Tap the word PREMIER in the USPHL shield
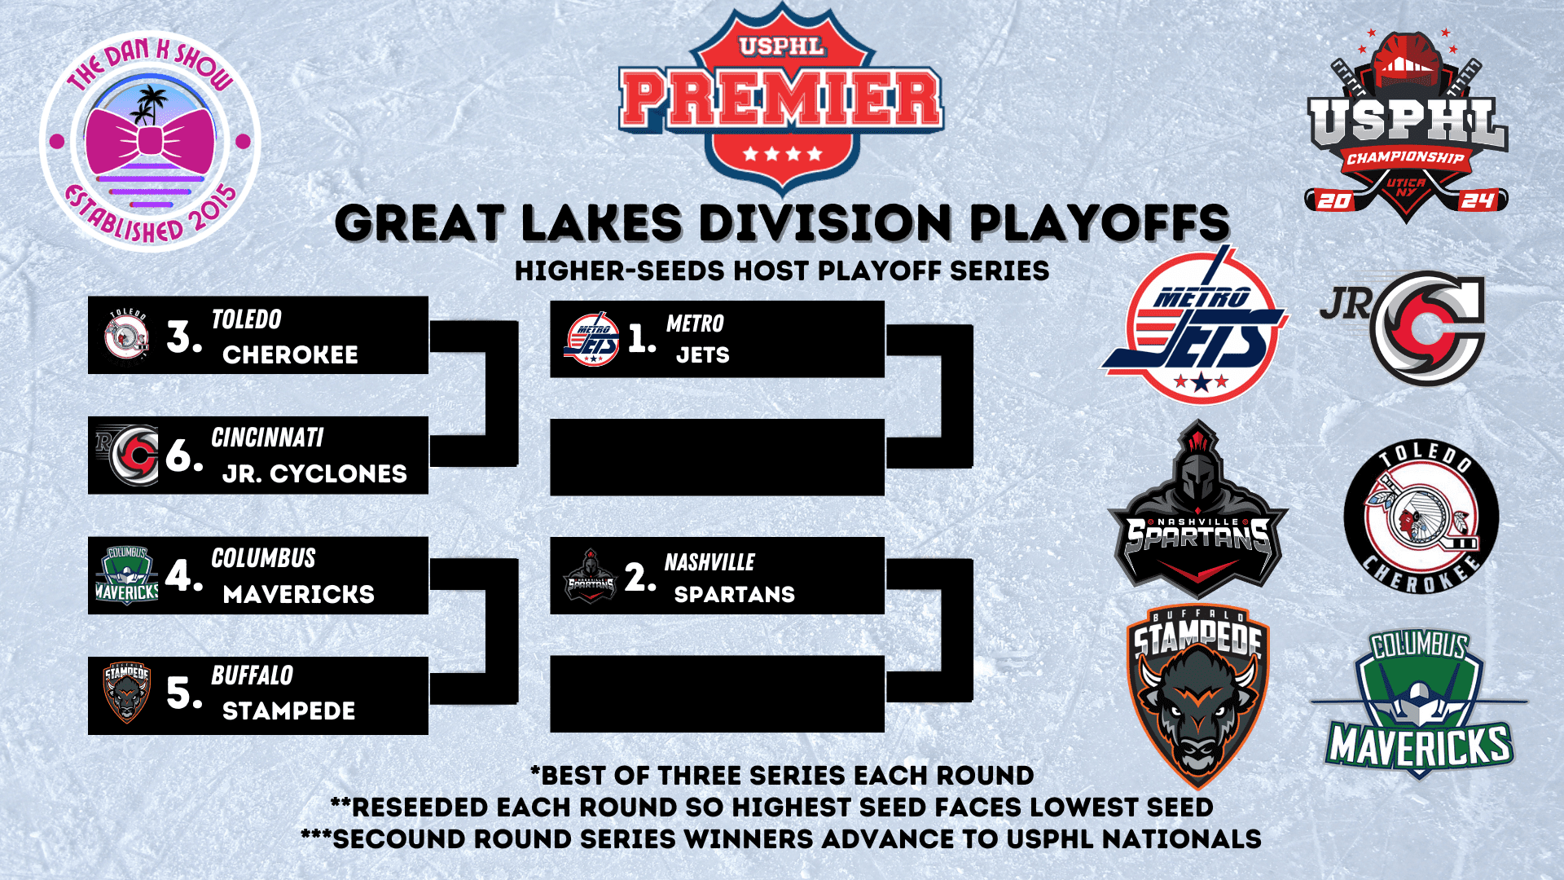pyautogui.click(x=781, y=100)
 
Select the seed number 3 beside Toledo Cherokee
pyautogui.click(x=183, y=337)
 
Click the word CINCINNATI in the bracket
pyautogui.click(x=267, y=438)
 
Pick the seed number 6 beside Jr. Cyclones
pyautogui.click(x=183, y=455)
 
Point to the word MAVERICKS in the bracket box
pyautogui.click(x=299, y=594)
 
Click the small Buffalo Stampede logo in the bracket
pyautogui.click(x=127, y=692)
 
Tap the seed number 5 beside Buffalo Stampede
pyautogui.click(x=183, y=693)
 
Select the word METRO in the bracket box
pyautogui.click(x=695, y=323)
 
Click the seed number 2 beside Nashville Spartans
pyautogui.click(x=640, y=577)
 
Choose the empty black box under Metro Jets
pyautogui.click(x=717, y=457)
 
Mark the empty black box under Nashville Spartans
pyautogui.click(x=717, y=693)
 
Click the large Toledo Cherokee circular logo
pyautogui.click(x=1421, y=517)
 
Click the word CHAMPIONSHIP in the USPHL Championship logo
pyautogui.click(x=1405, y=157)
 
